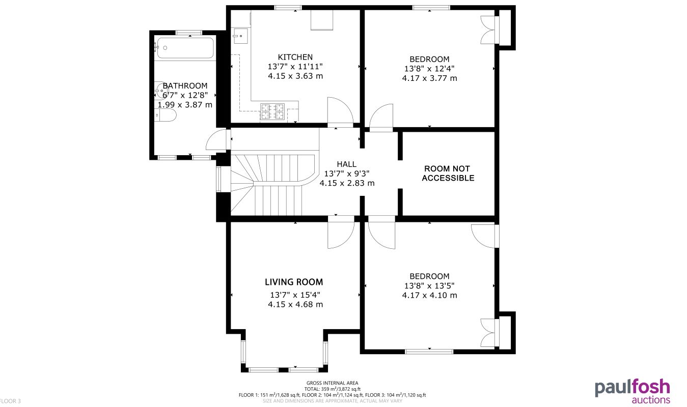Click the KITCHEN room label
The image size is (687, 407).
(295, 57)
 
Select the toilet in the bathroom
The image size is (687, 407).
(166, 117)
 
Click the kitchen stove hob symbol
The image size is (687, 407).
(272, 111)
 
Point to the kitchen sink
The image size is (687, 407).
(239, 35)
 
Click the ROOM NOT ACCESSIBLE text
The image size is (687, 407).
(448, 173)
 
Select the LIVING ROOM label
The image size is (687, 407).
(294, 282)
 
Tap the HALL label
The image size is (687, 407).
(346, 164)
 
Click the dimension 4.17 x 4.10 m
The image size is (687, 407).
(429, 295)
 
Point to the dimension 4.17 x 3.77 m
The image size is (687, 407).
(429, 78)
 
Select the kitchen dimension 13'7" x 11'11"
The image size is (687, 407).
(295, 67)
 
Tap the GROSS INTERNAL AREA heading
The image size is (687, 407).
(332, 383)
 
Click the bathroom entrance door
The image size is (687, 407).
(216, 141)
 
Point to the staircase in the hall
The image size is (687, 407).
(270, 183)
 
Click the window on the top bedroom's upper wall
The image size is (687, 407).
(431, 7)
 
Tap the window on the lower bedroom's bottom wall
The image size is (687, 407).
(429, 351)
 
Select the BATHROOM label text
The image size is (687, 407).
(185, 86)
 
